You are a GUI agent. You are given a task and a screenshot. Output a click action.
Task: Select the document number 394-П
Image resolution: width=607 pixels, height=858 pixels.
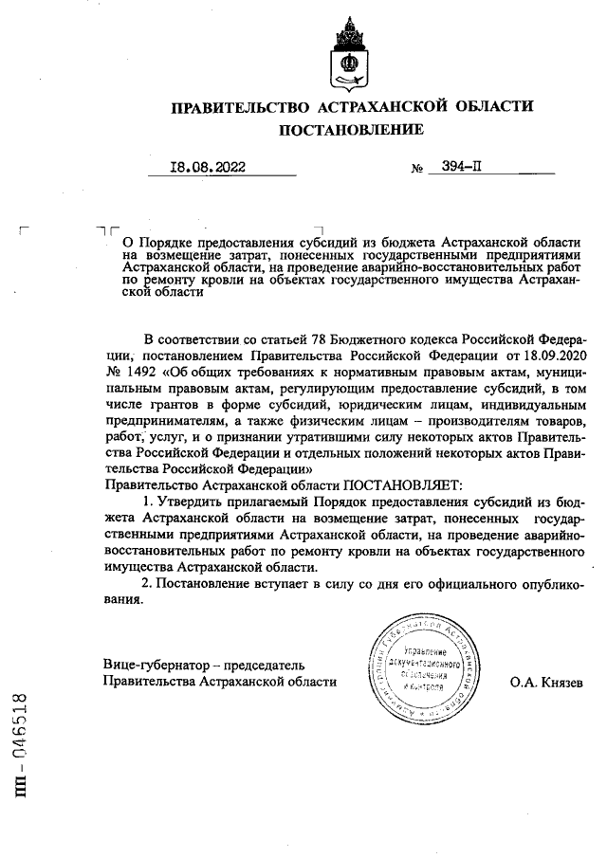462,167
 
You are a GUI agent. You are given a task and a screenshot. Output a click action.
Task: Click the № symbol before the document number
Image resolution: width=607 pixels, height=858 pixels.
417,169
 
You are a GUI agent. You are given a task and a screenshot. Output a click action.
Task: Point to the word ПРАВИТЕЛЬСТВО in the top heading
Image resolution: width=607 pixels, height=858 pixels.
239,106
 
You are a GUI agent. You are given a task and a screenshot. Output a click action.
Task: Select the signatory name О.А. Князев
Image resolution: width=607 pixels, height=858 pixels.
546,682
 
